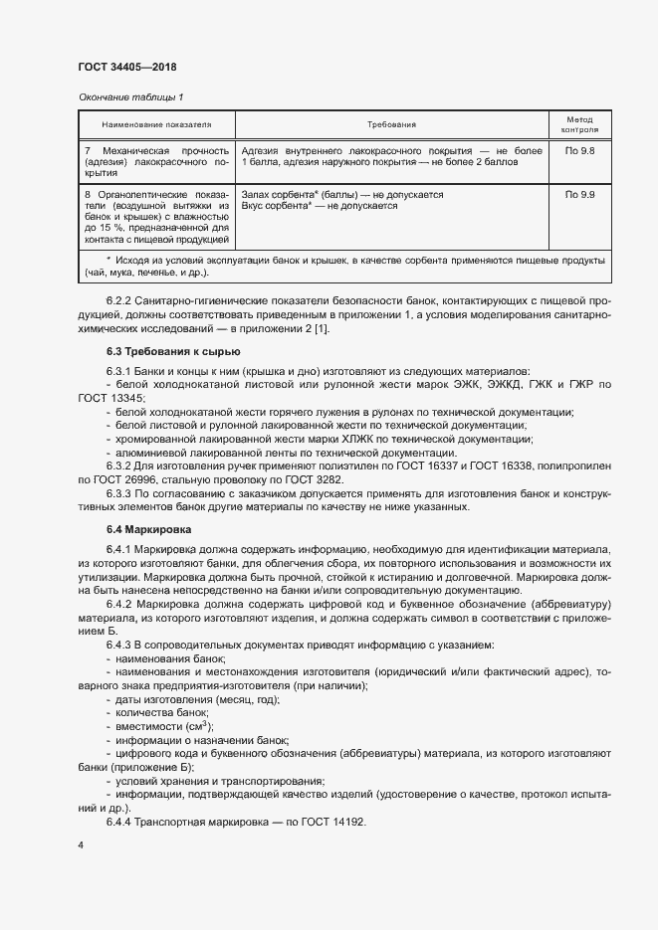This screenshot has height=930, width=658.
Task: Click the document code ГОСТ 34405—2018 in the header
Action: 126,67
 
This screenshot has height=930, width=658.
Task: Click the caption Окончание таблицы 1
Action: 130,96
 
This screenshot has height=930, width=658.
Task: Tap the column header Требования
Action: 391,124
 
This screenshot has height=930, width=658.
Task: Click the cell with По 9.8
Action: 579,149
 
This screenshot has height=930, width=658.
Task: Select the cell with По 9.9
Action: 579,195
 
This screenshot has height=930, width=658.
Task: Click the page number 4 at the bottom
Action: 81,845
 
